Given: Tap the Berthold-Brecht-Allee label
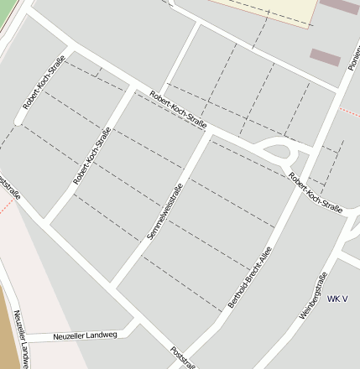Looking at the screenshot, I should [251, 276].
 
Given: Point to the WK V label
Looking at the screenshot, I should [337, 299].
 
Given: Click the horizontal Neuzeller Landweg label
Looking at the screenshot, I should [85, 335].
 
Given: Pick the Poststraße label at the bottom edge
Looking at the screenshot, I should [182, 357].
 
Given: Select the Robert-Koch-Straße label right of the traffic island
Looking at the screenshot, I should [315, 194].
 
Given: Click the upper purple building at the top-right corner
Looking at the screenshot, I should [338, 6].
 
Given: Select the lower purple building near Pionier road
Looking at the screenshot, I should [325, 57].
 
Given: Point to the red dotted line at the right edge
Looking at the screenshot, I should [349, 110].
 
